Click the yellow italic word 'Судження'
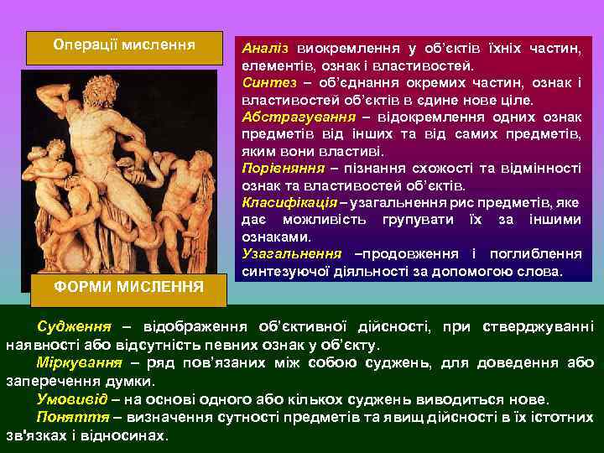pyautogui.click(x=71, y=325)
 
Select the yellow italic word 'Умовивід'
pyautogui.click(x=70, y=398)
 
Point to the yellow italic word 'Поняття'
pyautogui.click(x=70, y=417)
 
